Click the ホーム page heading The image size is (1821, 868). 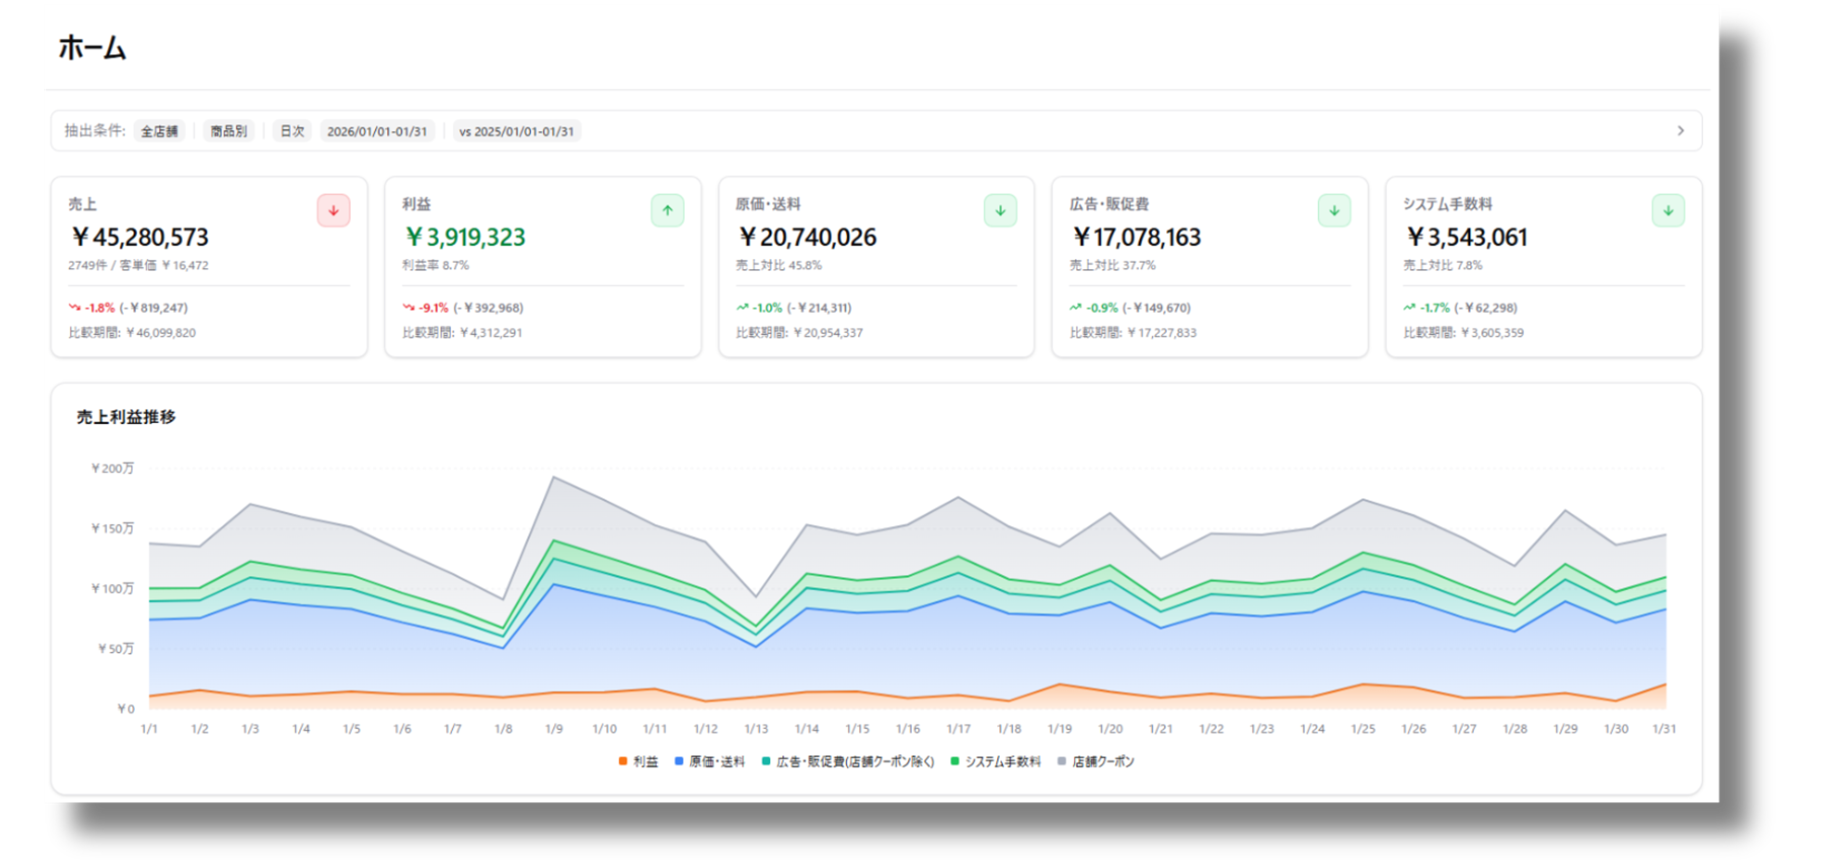(x=92, y=48)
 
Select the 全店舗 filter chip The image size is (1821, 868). (x=159, y=131)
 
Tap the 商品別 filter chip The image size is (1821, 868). (x=228, y=131)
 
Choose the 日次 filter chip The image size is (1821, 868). (x=292, y=131)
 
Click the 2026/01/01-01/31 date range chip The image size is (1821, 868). (x=377, y=131)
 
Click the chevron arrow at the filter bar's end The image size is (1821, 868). (x=1681, y=131)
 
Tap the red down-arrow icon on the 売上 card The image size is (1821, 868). (x=333, y=210)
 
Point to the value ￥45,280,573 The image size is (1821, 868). (x=140, y=237)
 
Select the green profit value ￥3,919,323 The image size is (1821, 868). (x=465, y=237)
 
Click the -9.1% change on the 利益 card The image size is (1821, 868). (x=433, y=308)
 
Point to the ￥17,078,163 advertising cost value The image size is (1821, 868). (x=1136, y=237)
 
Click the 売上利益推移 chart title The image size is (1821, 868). (x=126, y=417)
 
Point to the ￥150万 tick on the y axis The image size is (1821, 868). (x=112, y=528)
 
